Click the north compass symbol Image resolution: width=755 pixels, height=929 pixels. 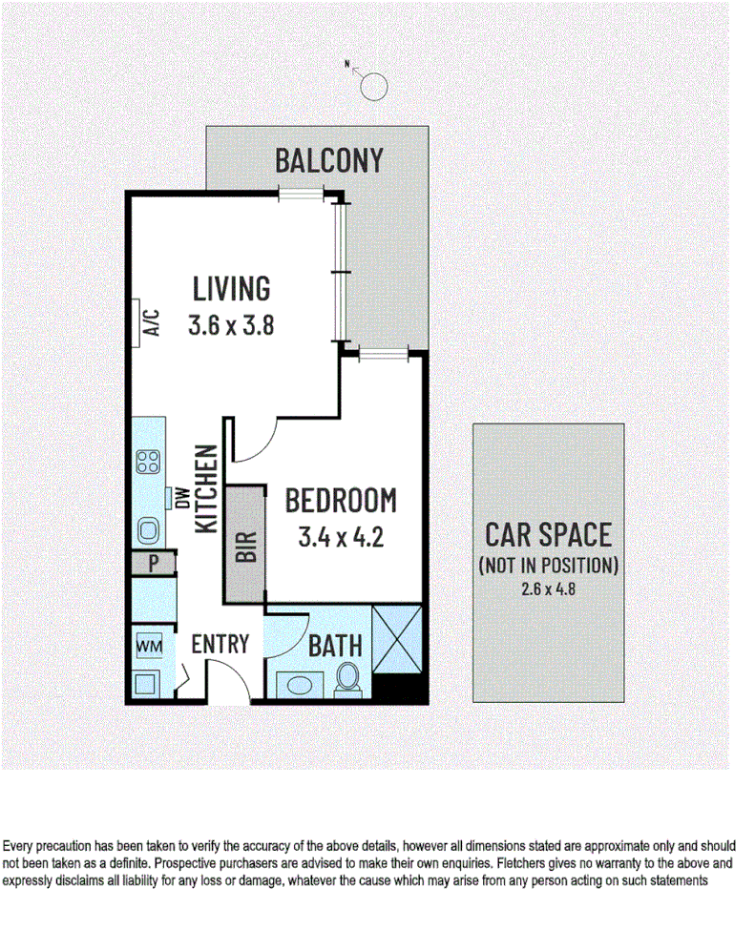[373, 86]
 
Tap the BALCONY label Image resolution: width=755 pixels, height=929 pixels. [329, 161]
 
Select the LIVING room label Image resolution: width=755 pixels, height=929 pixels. [232, 287]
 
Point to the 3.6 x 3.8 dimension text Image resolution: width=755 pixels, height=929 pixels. [232, 325]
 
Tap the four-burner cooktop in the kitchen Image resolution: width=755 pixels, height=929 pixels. [148, 463]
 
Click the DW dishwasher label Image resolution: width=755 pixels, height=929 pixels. [178, 498]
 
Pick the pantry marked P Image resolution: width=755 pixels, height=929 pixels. [152, 564]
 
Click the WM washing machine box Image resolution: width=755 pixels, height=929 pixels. [148, 646]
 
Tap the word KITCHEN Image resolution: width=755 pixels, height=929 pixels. [205, 488]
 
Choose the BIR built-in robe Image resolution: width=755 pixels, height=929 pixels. [245, 545]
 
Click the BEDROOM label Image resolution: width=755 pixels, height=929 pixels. [341, 500]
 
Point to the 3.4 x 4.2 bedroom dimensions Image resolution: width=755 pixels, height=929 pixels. [341, 538]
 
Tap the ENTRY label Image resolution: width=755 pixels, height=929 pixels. [220, 644]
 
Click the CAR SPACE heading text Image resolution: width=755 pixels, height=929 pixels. [548, 534]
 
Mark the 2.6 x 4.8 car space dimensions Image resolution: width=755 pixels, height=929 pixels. [548, 588]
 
